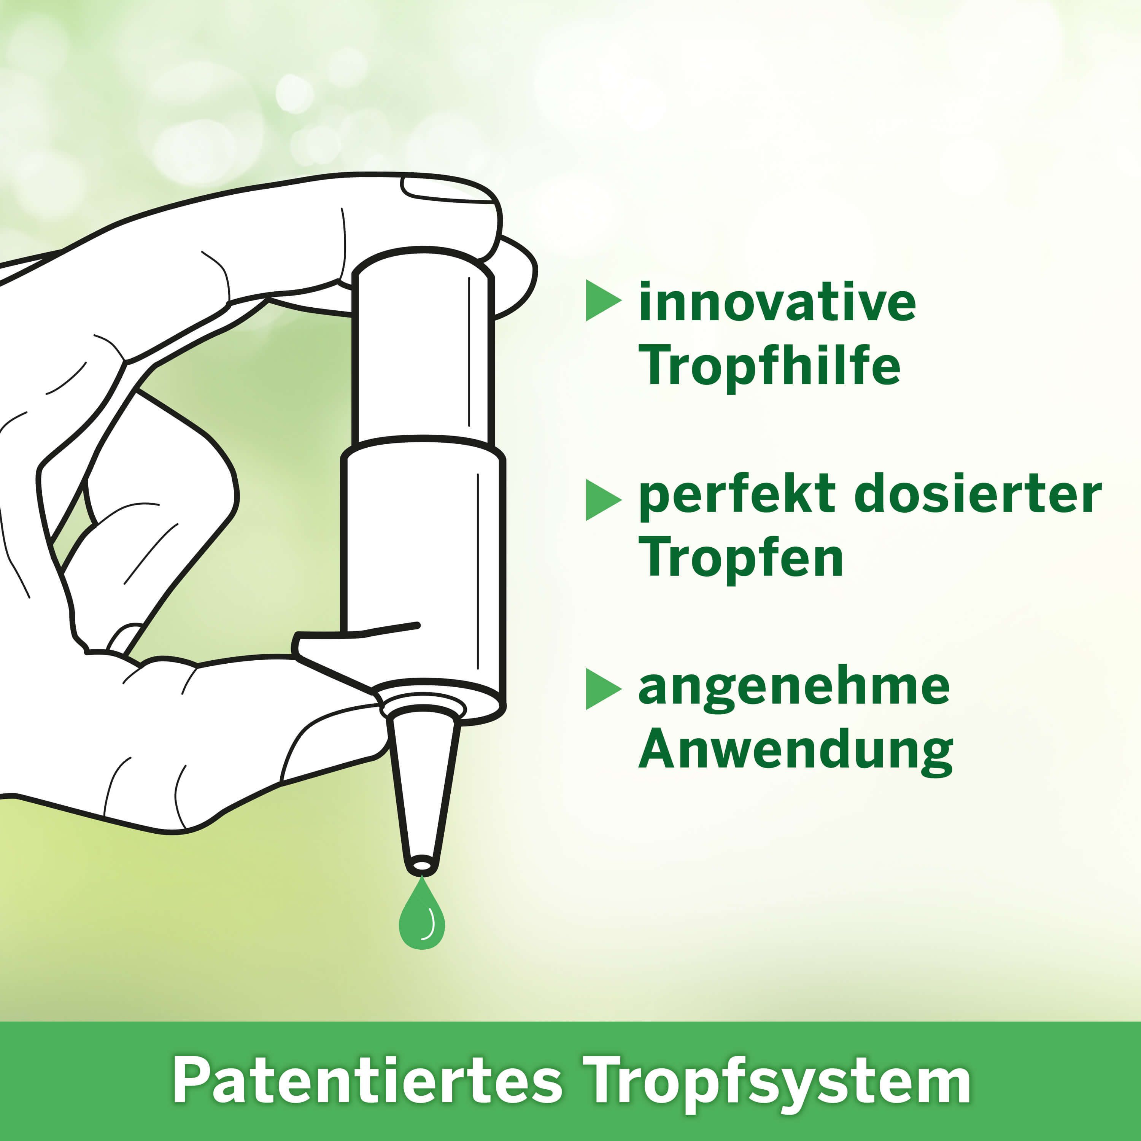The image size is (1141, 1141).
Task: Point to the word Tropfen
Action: [741, 558]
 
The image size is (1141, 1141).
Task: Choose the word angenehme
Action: [795, 689]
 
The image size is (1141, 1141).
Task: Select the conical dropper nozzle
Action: [422, 788]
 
